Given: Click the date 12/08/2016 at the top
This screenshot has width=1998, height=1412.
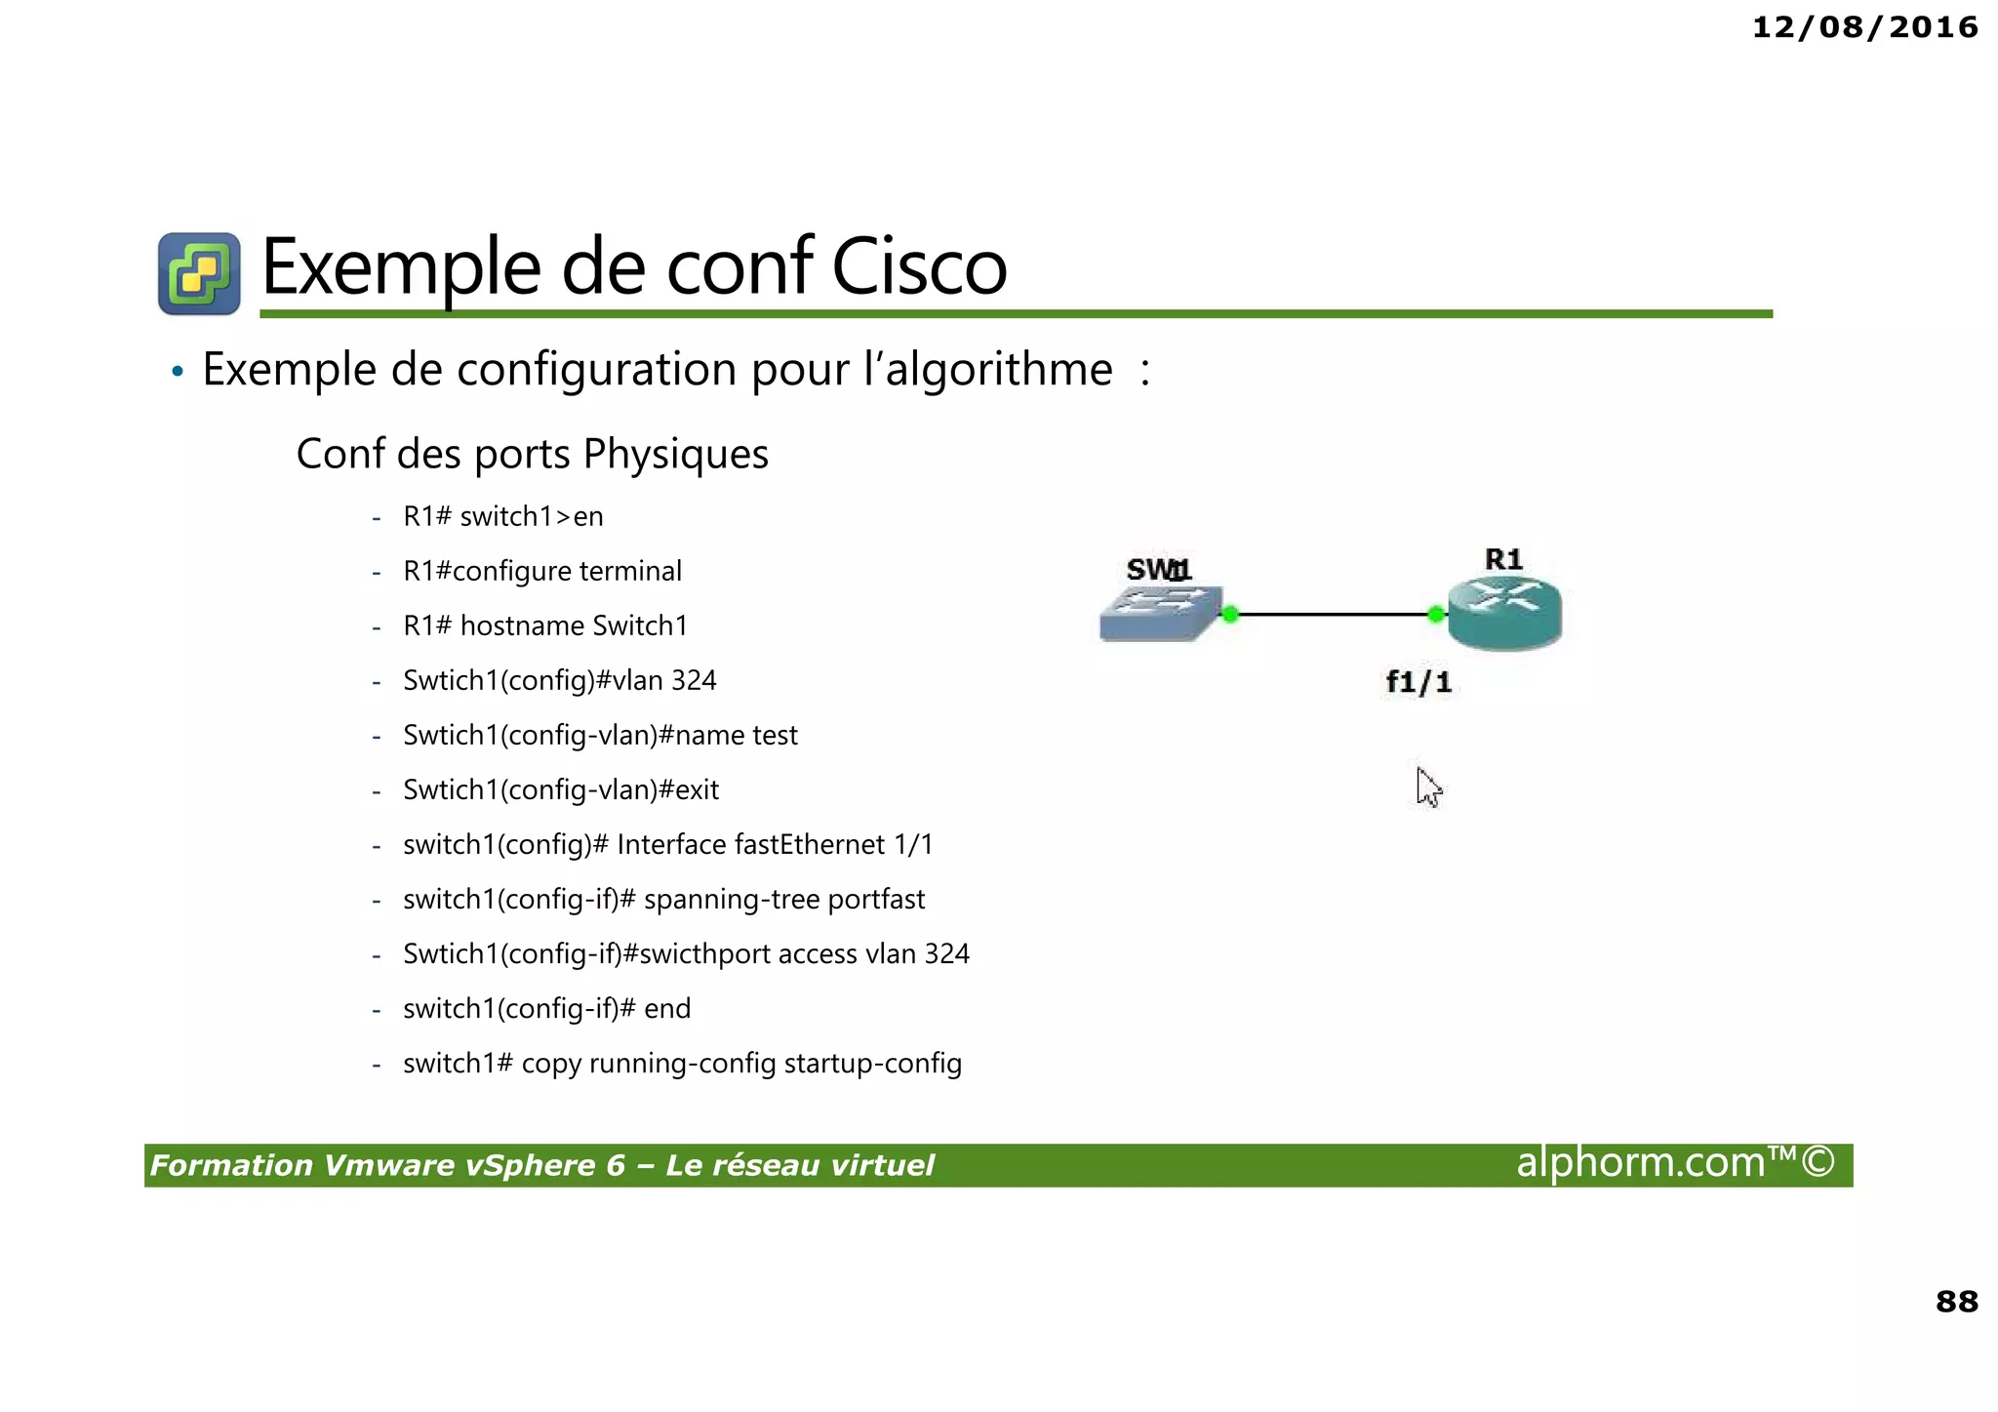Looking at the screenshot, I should click(1864, 27).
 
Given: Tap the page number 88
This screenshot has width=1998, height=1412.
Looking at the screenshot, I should click(1956, 1301).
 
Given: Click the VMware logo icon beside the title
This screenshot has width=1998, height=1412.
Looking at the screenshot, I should click(199, 273).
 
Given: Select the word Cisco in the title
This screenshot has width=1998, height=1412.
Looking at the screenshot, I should click(918, 266).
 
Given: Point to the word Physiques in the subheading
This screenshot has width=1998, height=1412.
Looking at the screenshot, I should click(675, 455).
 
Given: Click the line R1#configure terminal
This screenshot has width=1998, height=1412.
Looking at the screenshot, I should click(542, 571).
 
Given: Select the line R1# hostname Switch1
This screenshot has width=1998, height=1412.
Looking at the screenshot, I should click(545, 625).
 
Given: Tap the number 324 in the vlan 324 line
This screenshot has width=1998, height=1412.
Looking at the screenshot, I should click(694, 680).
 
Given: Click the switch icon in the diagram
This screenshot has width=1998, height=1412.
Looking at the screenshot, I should click(1159, 614).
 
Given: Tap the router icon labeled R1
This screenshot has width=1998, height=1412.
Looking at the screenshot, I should click(1504, 613).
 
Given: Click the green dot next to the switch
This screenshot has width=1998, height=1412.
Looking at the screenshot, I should click(1230, 614).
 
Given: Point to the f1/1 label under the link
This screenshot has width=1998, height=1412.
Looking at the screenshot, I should click(1419, 682).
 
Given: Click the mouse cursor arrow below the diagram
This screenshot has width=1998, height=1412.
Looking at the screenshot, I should click(1427, 786).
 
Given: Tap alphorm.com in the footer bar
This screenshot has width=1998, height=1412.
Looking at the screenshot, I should click(1640, 1163).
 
